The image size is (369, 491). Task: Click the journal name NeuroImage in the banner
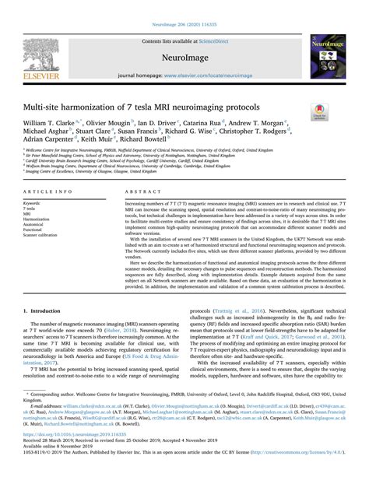pos(184,58)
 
